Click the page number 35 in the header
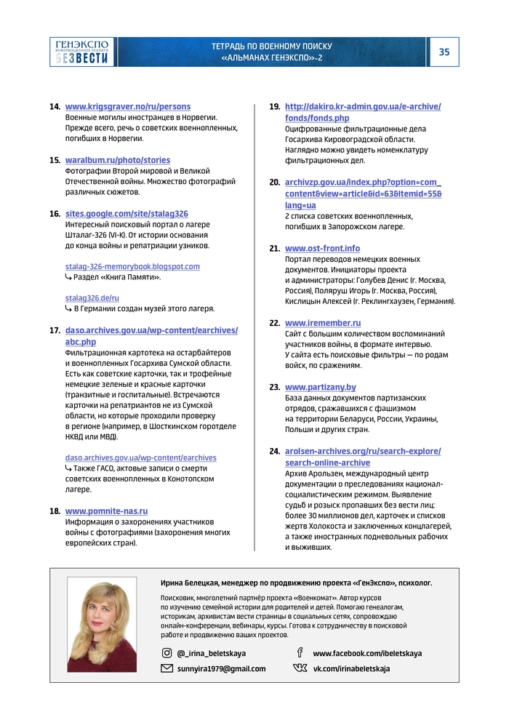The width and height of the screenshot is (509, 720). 444,52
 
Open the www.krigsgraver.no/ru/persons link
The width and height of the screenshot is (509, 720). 128,107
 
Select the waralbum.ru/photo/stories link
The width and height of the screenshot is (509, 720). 118,160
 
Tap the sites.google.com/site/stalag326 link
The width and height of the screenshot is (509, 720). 127,214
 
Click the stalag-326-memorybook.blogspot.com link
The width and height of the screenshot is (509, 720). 132,266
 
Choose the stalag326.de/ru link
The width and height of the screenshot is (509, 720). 92,297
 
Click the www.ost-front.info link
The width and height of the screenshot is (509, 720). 322,248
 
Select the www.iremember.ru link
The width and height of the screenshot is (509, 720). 323,323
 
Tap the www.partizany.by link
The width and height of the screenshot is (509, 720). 321,387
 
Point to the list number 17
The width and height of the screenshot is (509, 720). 55,330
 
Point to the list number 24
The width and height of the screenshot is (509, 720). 274,451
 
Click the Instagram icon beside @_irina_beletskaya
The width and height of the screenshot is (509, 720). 167,653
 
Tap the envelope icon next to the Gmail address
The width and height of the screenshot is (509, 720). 167,668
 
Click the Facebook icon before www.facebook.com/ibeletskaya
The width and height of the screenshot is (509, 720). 300,653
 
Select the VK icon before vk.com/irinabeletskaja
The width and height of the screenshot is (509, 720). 300,668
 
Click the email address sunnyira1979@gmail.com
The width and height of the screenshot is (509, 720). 221,668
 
